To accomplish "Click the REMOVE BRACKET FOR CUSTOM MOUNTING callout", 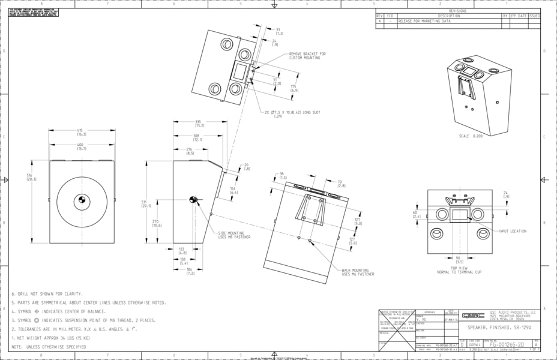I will (308, 56).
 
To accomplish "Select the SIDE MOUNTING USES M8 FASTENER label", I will (235, 235).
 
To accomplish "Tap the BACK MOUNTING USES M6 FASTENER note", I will (358, 272).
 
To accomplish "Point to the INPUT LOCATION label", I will (513, 231).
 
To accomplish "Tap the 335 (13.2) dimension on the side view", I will (199, 124).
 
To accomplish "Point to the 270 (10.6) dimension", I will (156, 223).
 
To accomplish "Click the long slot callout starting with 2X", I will (292, 113).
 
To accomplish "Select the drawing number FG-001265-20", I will (507, 345).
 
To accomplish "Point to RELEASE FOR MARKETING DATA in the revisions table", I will (424, 21).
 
